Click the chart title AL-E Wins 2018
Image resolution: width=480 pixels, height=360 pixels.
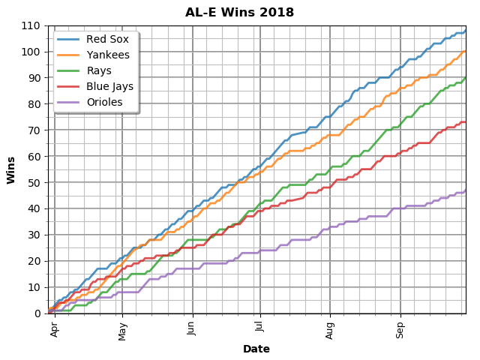pyautogui.click(x=240, y=13)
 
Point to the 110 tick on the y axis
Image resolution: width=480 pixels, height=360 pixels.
pyautogui.click(x=32, y=25)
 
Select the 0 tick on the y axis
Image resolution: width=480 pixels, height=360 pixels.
pyautogui.click(x=38, y=313)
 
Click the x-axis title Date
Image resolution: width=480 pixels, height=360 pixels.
pyautogui.click(x=256, y=349)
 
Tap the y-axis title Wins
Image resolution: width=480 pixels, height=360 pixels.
pyautogui.click(x=11, y=169)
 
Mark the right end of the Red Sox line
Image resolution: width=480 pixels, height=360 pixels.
pyautogui.click(x=465, y=31)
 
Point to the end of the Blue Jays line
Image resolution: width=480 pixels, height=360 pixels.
pyautogui.click(x=465, y=121)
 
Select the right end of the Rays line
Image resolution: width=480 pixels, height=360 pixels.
pyautogui.click(x=465, y=78)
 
